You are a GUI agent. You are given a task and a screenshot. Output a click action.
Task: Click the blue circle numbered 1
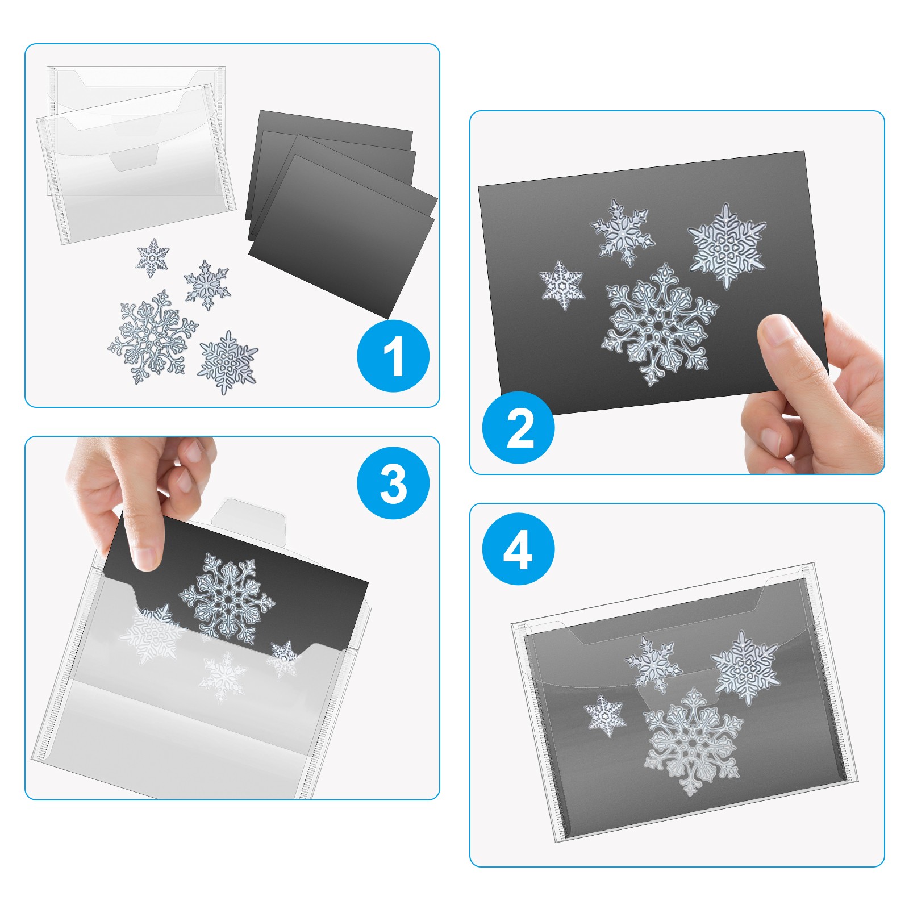coord(393,356)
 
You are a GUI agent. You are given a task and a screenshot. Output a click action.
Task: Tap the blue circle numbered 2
coord(518,427)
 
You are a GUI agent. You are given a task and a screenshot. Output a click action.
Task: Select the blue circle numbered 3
coord(393,483)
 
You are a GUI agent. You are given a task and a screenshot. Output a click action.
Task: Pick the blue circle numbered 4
coord(518,549)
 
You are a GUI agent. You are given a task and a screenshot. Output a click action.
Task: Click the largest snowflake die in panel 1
coord(153,337)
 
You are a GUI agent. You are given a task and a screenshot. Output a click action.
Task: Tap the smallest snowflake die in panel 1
coord(153,258)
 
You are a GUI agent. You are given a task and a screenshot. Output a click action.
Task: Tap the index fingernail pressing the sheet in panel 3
coord(147,558)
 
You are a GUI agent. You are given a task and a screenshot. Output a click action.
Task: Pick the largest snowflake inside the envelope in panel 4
coord(693,741)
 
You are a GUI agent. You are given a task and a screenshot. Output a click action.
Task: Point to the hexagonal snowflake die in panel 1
coord(227,362)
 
